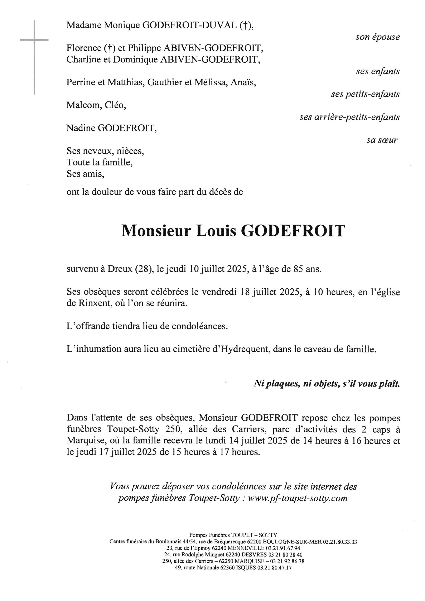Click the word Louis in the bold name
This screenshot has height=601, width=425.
(216, 231)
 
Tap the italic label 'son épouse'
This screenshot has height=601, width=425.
(377, 37)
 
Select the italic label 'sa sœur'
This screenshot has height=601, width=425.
(382, 140)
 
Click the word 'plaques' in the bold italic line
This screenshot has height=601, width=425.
(282, 384)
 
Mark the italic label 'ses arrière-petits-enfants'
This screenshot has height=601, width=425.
(349, 117)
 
